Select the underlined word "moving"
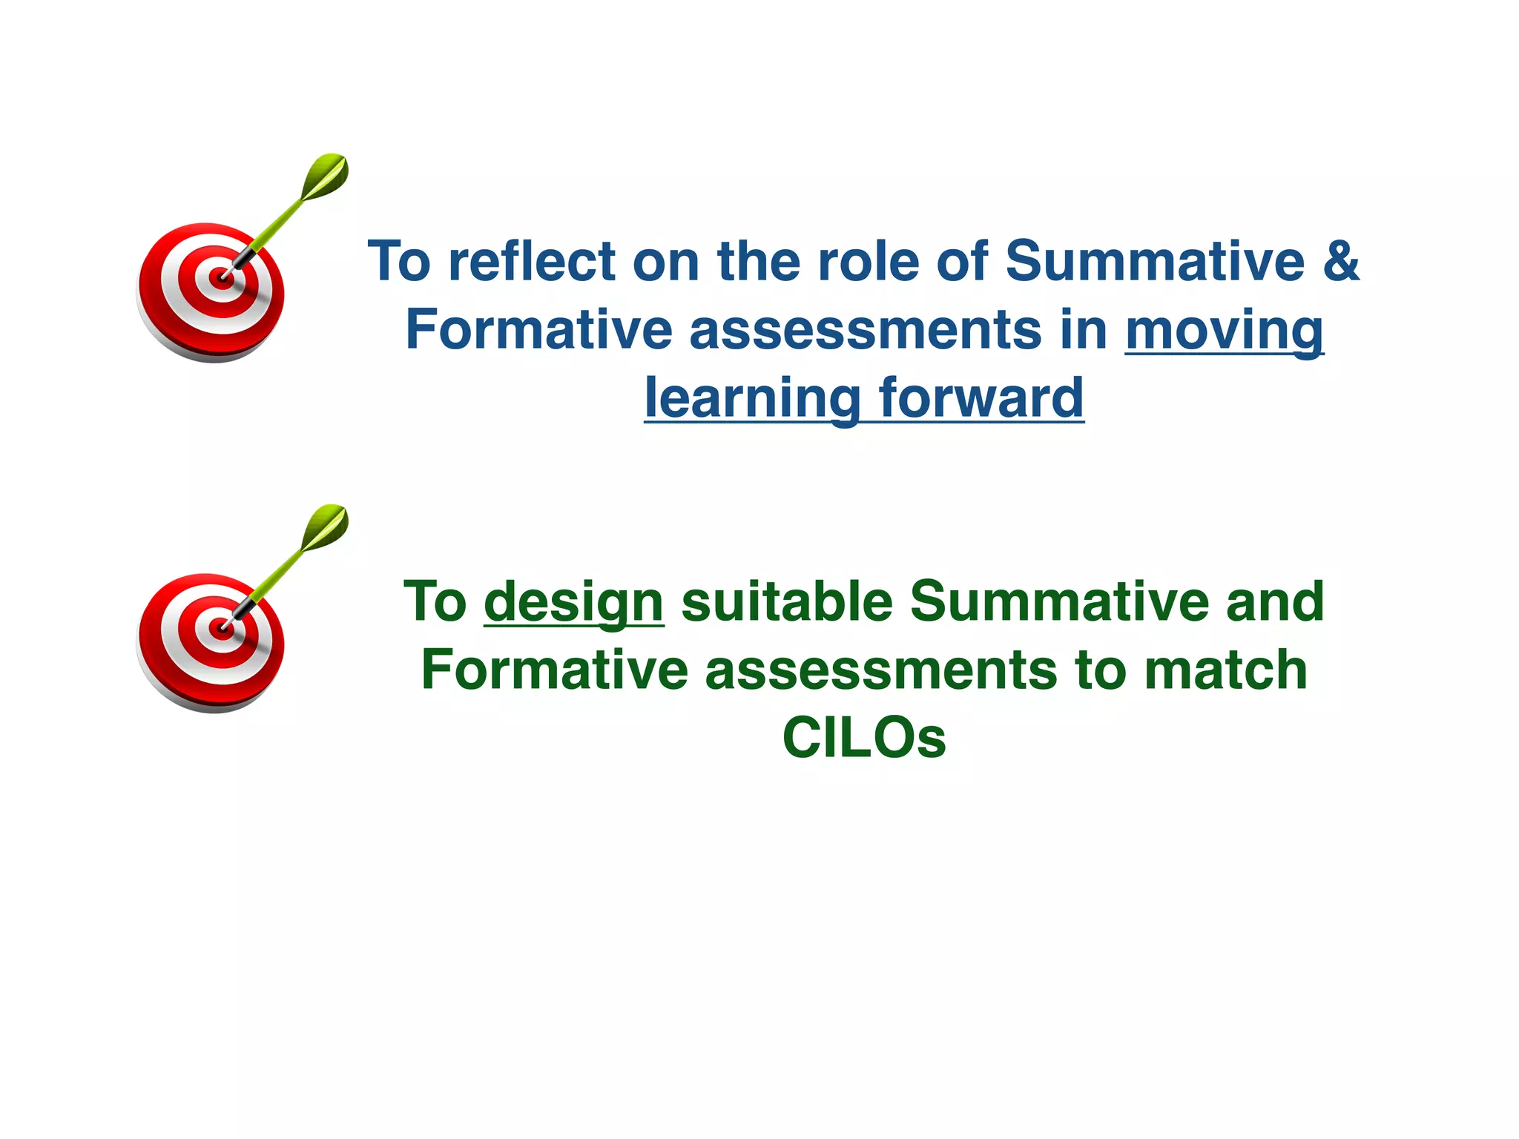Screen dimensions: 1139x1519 pyautogui.click(x=1224, y=330)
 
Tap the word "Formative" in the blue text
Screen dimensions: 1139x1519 pyautogui.click(x=538, y=330)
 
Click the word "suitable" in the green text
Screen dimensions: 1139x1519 pyautogui.click(x=786, y=601)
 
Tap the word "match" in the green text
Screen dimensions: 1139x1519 pyautogui.click(x=1225, y=670)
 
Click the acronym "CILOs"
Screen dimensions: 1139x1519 pyautogui.click(x=864, y=738)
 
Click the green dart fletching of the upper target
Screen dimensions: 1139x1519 pyautogui.click(x=326, y=175)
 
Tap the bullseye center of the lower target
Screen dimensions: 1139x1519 pyautogui.click(x=220, y=630)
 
